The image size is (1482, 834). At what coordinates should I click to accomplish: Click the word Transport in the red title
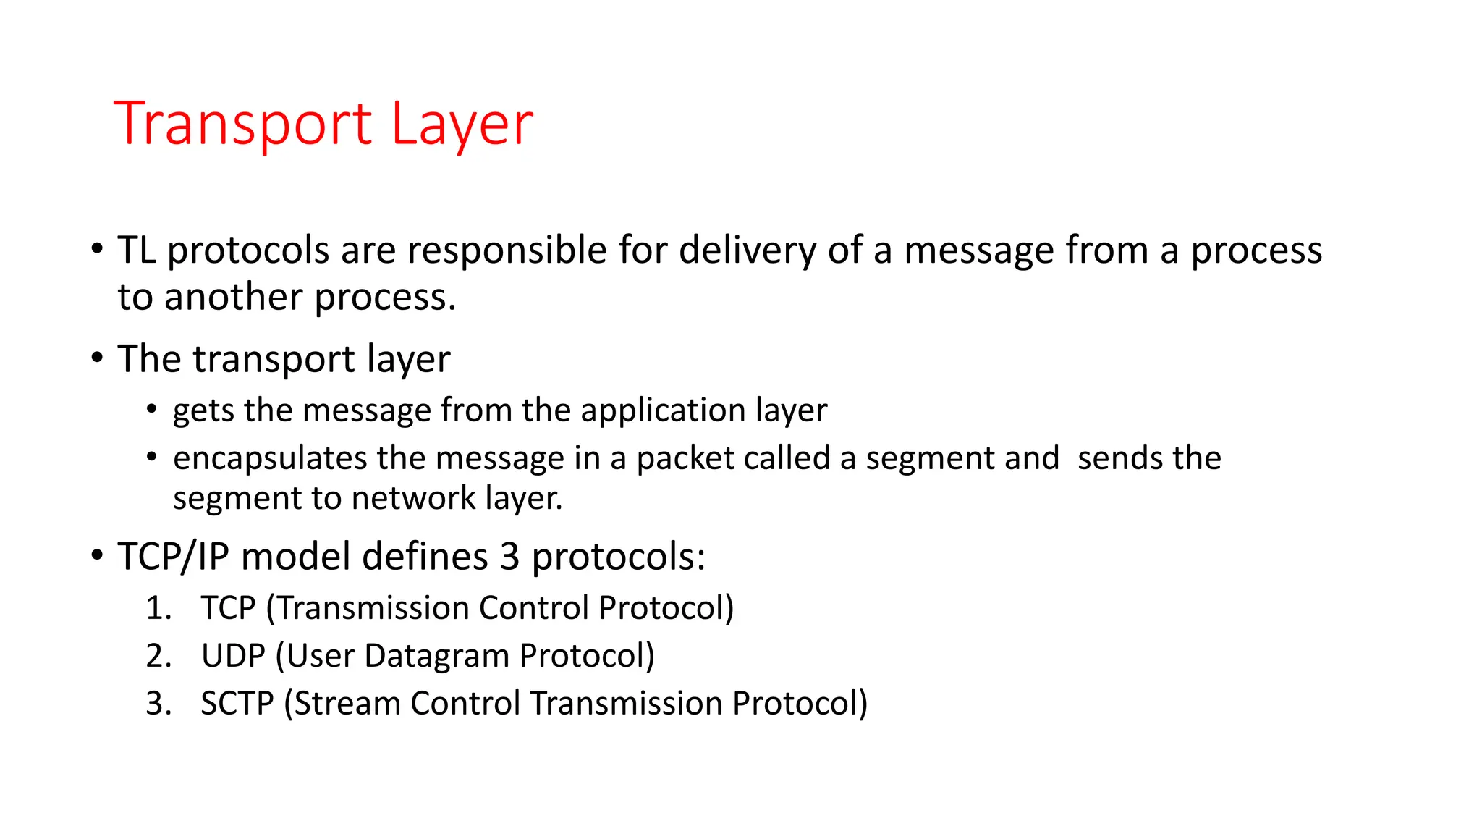[x=243, y=125]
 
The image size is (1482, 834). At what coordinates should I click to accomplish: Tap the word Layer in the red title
[x=462, y=125]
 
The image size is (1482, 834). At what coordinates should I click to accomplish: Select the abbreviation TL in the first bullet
[x=137, y=250]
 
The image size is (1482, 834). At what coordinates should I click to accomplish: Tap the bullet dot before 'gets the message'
[x=152, y=410]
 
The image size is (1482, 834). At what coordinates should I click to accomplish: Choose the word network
[x=413, y=498]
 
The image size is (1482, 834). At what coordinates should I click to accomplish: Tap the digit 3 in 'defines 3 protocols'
[x=510, y=557]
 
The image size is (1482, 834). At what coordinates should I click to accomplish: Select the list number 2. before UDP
[x=158, y=656]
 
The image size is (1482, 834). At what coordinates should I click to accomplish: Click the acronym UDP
[x=233, y=656]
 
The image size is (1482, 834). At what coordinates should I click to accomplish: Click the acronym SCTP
[x=237, y=704]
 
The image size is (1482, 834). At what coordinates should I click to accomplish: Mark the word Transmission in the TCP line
[x=373, y=608]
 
